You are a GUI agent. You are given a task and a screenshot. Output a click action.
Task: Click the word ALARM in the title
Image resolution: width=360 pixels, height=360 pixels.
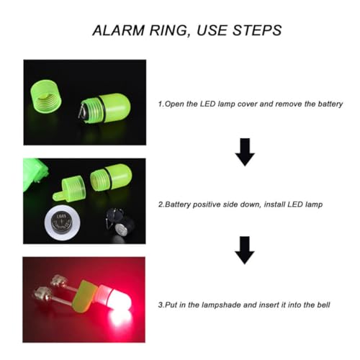pos(119,30)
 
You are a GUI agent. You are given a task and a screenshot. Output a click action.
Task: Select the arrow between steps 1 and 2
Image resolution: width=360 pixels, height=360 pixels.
pos(245,152)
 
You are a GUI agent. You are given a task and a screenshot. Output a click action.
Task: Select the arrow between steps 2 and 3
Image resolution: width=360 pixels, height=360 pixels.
pos(245,251)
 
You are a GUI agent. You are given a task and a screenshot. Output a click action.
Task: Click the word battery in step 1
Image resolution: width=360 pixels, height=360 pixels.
pos(330,104)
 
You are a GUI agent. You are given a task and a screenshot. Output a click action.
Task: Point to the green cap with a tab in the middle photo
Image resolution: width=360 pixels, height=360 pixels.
pos(70,189)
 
